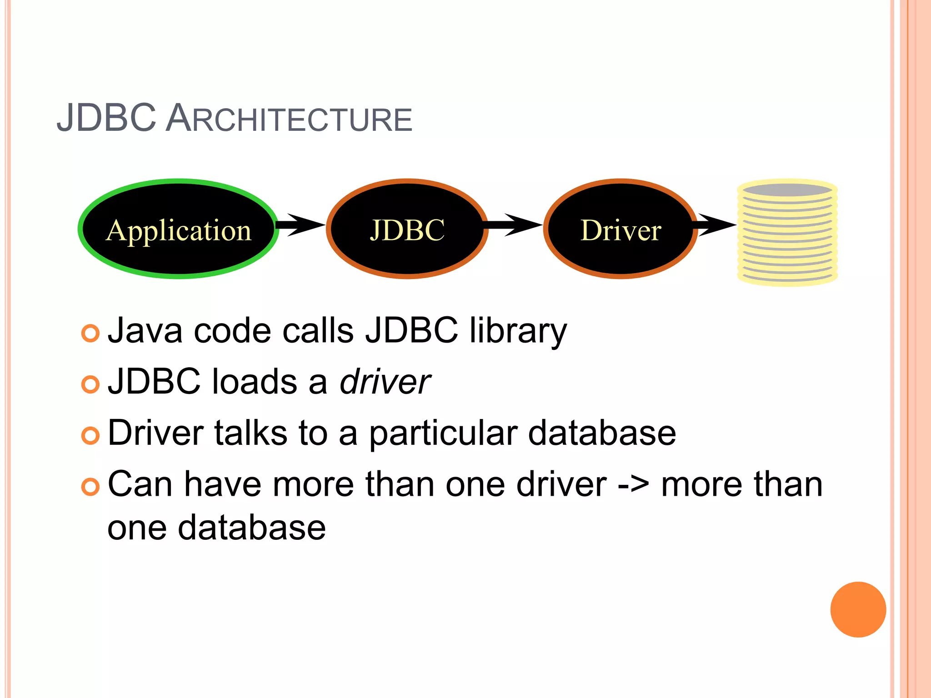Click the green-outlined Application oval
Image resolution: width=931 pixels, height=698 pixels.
(178, 229)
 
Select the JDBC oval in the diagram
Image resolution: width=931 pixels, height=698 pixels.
(407, 229)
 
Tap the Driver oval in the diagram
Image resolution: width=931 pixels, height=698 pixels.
(621, 229)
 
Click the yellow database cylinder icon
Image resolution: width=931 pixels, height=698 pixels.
(787, 233)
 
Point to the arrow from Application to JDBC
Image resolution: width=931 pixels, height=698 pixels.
(300, 224)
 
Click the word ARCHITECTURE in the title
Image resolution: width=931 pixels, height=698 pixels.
(289, 119)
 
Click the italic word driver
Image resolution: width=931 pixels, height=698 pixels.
(385, 382)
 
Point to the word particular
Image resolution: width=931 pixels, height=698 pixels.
(443, 433)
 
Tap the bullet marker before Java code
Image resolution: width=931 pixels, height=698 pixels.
(90, 333)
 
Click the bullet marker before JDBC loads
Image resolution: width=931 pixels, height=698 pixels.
(90, 384)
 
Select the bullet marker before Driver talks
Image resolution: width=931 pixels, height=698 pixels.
(90, 436)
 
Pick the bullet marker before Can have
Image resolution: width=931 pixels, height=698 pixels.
(90, 487)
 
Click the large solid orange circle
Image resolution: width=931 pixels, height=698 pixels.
(858, 609)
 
